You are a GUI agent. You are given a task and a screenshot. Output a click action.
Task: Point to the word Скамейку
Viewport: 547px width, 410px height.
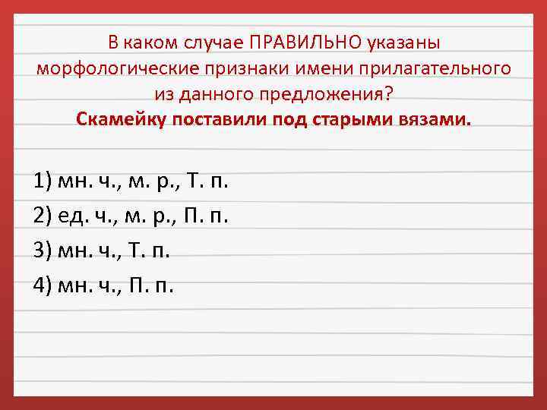click(121, 120)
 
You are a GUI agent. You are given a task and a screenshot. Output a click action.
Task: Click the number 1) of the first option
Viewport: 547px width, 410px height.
click(43, 182)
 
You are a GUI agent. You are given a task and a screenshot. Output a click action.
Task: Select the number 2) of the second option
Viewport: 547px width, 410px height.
click(43, 216)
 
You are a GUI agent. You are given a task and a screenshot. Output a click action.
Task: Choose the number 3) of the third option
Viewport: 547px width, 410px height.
click(43, 251)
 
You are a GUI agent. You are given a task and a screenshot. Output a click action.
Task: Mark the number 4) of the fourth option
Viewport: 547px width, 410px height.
click(43, 285)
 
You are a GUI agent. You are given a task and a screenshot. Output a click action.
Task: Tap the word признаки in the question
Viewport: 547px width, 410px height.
click(252, 68)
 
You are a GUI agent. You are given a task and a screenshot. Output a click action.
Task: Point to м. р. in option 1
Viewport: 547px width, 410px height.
click(146, 182)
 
